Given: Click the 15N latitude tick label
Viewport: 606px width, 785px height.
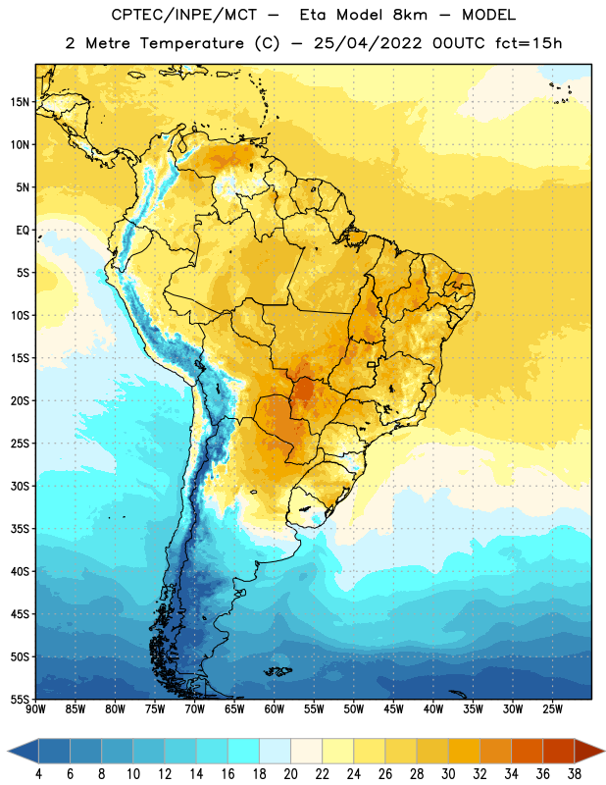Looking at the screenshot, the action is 20,102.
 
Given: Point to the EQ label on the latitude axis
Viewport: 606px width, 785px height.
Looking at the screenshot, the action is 23,231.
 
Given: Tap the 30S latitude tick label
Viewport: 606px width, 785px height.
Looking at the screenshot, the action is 20,486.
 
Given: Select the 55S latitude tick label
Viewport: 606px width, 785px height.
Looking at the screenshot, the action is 20,700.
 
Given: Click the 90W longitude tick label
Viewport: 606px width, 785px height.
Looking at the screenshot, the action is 35,709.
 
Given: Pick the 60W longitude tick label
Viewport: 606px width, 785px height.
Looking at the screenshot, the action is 275,709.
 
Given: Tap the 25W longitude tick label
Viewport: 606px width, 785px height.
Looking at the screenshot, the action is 552,709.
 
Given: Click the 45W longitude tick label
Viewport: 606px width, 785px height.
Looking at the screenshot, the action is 393,709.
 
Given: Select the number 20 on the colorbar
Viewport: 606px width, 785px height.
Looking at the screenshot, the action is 290,774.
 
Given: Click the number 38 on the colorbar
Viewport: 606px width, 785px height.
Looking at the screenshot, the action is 575,774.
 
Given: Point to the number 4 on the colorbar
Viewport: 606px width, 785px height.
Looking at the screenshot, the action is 38,774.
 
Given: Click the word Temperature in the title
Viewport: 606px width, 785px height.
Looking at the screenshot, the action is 191,43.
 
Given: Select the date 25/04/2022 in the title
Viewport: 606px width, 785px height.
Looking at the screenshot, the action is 368,43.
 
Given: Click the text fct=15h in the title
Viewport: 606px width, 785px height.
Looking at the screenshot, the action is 529,43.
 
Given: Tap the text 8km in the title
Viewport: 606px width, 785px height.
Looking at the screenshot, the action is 410,15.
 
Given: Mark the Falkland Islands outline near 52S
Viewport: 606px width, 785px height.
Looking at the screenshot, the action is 278,671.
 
